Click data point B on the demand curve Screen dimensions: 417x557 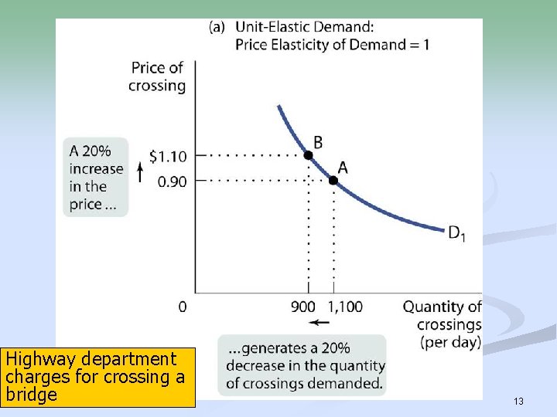pos(308,155)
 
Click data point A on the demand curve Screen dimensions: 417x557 pos(333,180)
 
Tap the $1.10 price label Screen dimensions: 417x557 pos(168,156)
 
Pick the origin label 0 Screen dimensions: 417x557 pos(183,307)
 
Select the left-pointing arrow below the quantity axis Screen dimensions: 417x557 pos(318,322)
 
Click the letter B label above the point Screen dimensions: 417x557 pos(317,142)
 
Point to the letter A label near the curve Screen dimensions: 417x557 pos(343,168)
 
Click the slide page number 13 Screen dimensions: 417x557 pos(518,401)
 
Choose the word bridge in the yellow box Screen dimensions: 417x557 pos(31,395)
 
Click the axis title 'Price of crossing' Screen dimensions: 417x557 pos(157,76)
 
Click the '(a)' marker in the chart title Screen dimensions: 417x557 pos(217,27)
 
